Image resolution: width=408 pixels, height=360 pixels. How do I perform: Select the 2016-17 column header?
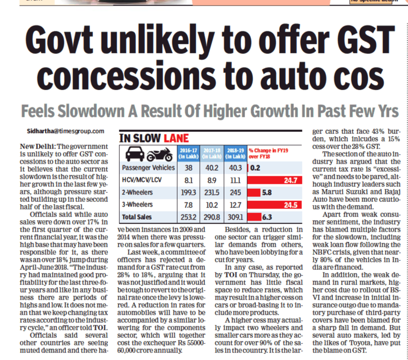185,153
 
